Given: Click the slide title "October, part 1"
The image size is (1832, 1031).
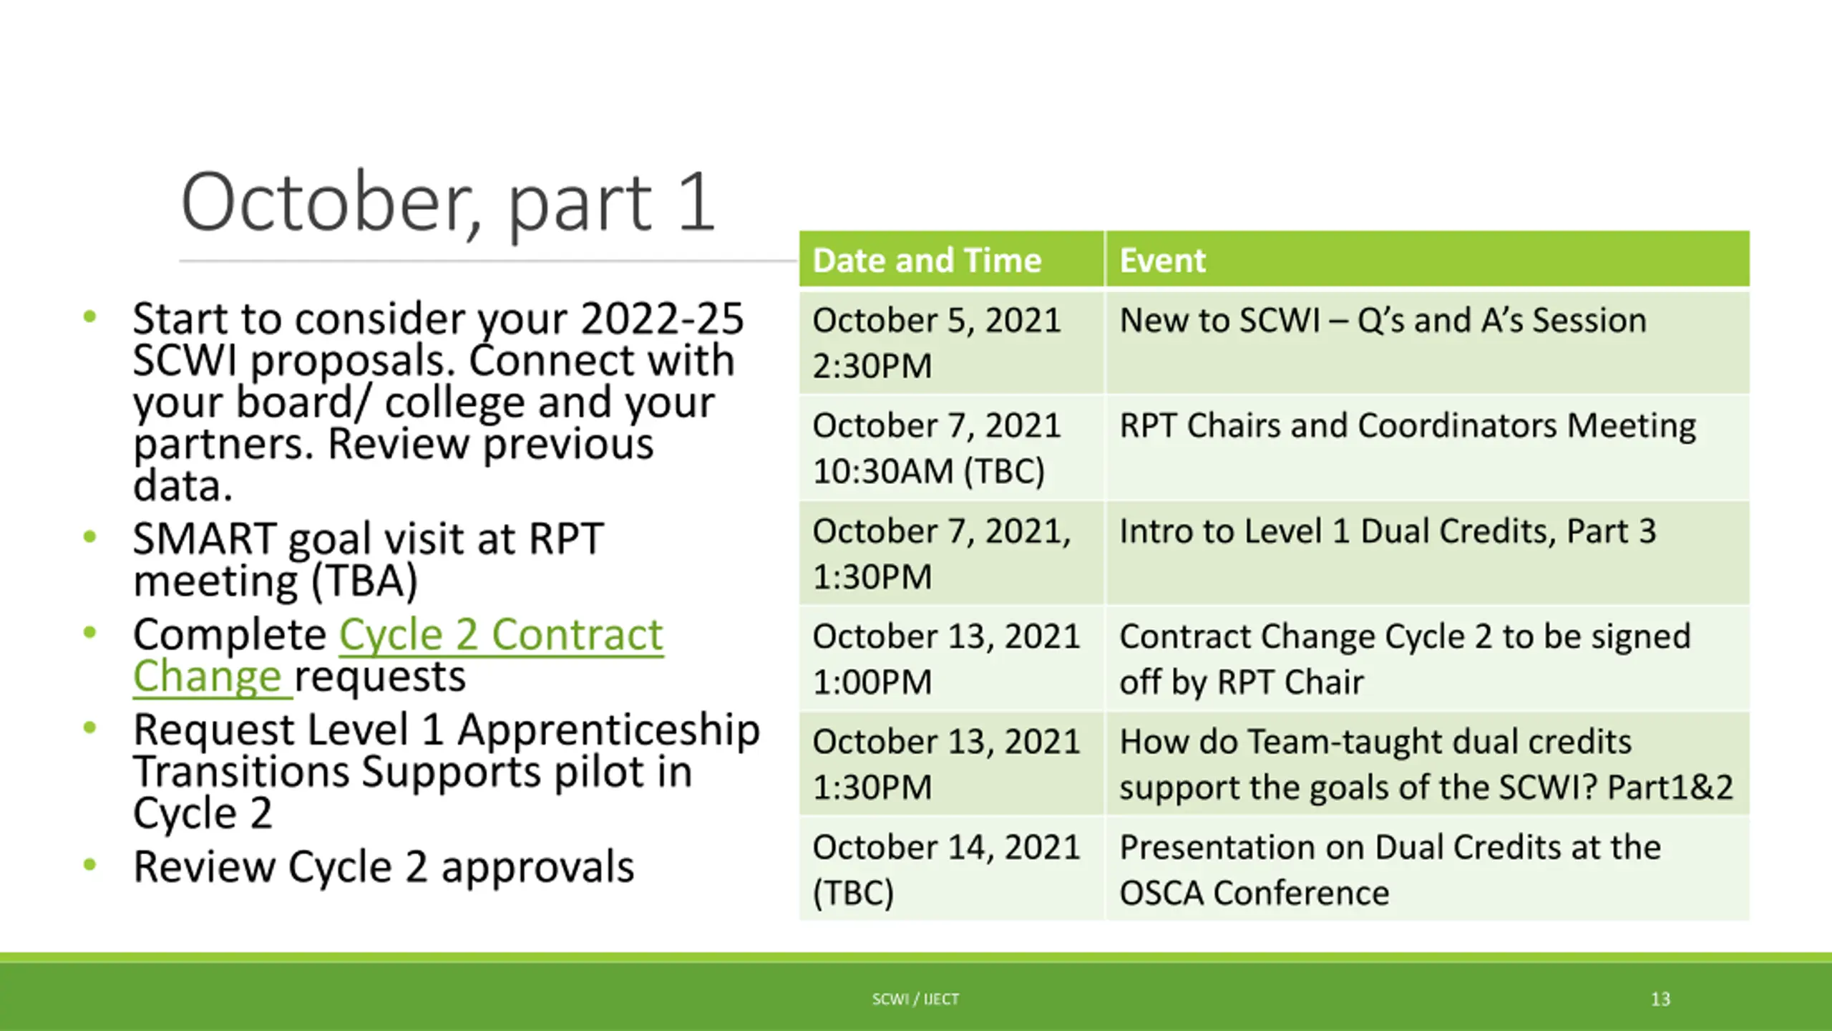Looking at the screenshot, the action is pyautogui.click(x=448, y=203).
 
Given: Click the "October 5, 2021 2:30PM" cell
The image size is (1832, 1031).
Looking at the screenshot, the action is pyautogui.click(x=951, y=342).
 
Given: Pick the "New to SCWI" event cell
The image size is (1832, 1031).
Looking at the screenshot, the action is pyautogui.click(x=1427, y=342).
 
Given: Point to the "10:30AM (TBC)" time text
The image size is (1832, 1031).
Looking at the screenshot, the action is pyautogui.click(x=929, y=471).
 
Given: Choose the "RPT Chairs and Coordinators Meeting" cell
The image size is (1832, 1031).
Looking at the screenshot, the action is pyautogui.click(x=1427, y=447).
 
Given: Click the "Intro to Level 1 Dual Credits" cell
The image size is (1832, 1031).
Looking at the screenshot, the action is pyautogui.click(x=1427, y=553).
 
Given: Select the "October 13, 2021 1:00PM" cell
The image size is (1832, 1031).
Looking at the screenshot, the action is pyautogui.click(x=951, y=658).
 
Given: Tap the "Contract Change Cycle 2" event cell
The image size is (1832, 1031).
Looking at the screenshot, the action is pyautogui.click(x=1427, y=658).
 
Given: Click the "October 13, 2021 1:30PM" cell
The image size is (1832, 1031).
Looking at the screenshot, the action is pyautogui.click(x=951, y=763).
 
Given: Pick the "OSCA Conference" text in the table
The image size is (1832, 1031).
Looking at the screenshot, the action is pyautogui.click(x=1254, y=893).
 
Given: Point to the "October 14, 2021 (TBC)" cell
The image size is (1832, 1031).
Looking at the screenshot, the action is pyautogui.click(x=951, y=868).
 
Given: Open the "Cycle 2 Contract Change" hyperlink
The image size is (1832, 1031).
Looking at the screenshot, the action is pyautogui.click(x=399, y=655).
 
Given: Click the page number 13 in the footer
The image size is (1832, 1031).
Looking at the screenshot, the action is pyautogui.click(x=1660, y=999).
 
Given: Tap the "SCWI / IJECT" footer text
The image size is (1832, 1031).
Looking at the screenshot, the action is pyautogui.click(x=915, y=999).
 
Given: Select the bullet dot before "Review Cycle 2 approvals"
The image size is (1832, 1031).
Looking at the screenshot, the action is pyautogui.click(x=89, y=864).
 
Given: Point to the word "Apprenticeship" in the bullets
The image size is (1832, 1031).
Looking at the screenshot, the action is pyautogui.click(x=609, y=731).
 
